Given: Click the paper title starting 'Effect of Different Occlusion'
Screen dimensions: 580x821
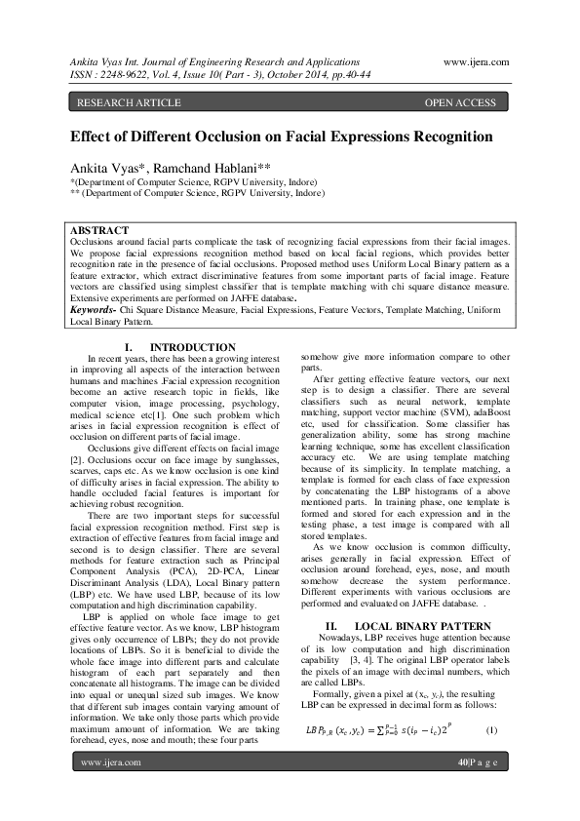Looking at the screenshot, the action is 281,137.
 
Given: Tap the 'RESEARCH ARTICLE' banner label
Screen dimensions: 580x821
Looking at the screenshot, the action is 129,101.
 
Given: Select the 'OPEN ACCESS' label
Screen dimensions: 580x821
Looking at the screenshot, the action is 462,101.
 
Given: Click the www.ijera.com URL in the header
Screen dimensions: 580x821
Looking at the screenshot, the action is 475,60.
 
